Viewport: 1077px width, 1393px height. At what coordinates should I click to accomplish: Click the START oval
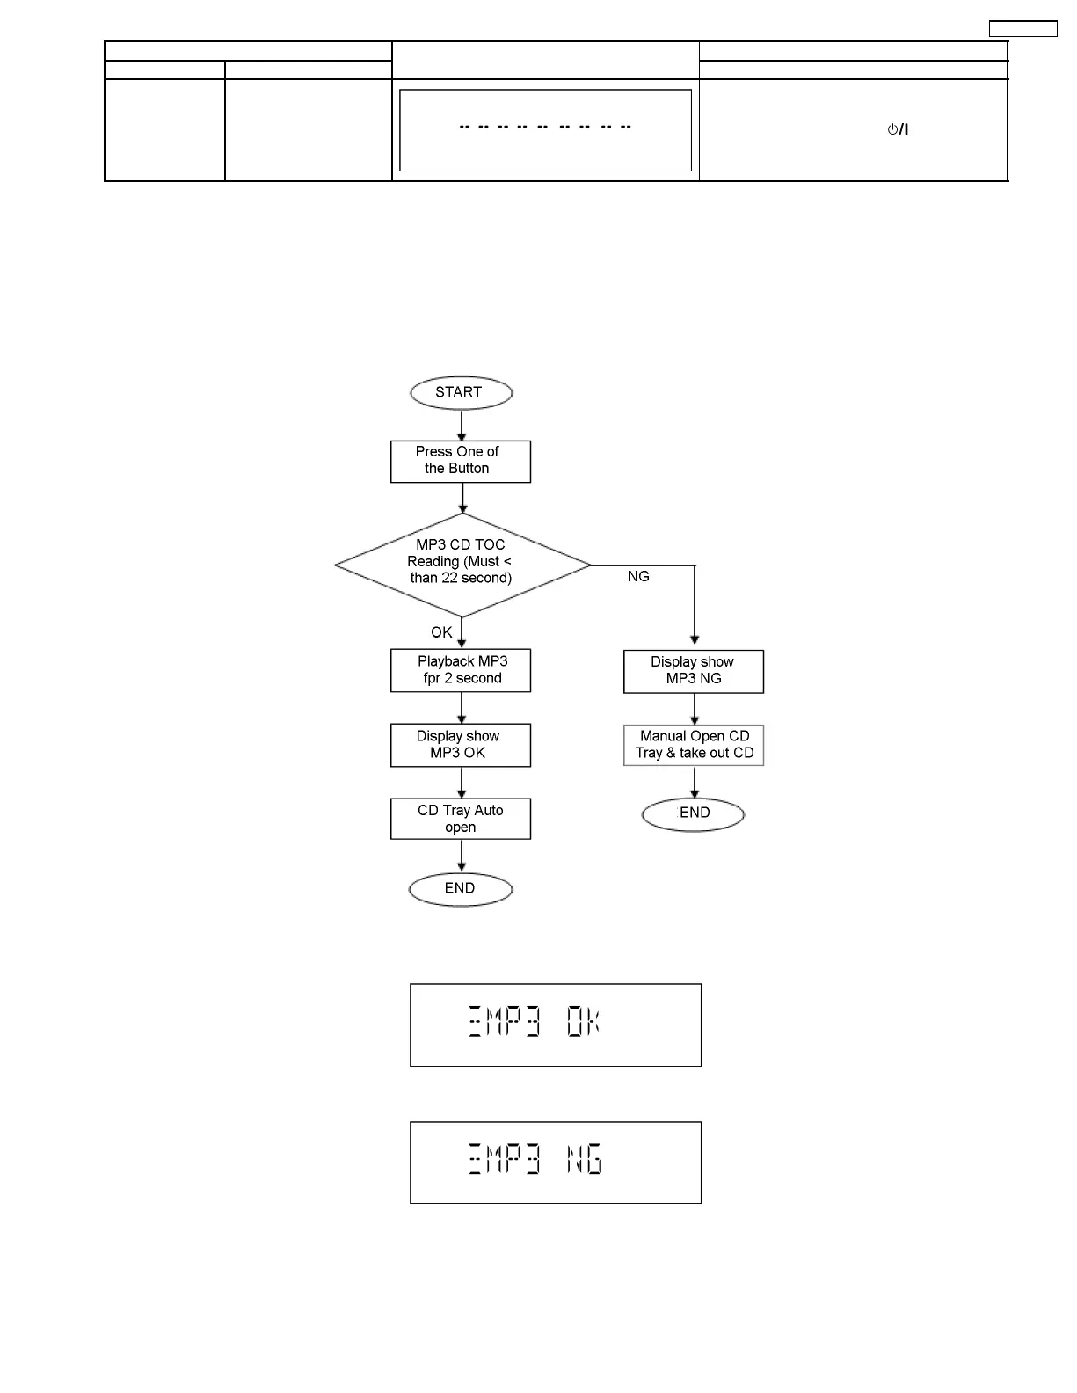(461, 393)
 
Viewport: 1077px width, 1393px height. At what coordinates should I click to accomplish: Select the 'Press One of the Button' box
(461, 461)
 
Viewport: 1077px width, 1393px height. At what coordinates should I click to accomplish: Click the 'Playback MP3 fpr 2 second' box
(461, 670)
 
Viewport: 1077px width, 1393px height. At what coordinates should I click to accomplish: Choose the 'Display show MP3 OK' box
(461, 745)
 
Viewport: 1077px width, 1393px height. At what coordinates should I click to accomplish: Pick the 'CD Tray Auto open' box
(461, 819)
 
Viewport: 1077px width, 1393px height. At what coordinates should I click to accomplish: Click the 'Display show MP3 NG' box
(694, 671)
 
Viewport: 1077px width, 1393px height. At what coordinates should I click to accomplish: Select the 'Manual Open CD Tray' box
(694, 745)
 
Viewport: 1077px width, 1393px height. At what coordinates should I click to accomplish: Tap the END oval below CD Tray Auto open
(461, 889)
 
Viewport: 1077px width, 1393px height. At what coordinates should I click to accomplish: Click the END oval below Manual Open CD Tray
(694, 813)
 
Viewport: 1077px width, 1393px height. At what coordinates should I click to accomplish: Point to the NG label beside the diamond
(638, 577)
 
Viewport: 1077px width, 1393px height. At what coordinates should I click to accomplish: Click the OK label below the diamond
(441, 632)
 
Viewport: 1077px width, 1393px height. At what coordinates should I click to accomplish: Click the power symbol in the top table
(897, 129)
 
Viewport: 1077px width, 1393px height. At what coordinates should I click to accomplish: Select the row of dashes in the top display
(545, 127)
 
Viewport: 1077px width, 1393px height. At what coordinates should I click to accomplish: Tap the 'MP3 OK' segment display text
(535, 1024)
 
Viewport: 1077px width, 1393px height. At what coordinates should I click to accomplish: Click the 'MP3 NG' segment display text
(535, 1161)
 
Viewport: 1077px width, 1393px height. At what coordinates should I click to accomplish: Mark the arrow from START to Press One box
(462, 425)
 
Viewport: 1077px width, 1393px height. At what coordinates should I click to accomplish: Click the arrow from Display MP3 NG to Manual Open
(695, 709)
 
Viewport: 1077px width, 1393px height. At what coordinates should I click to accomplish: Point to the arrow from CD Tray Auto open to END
(462, 856)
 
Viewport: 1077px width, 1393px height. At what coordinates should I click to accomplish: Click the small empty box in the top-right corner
(1022, 29)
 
